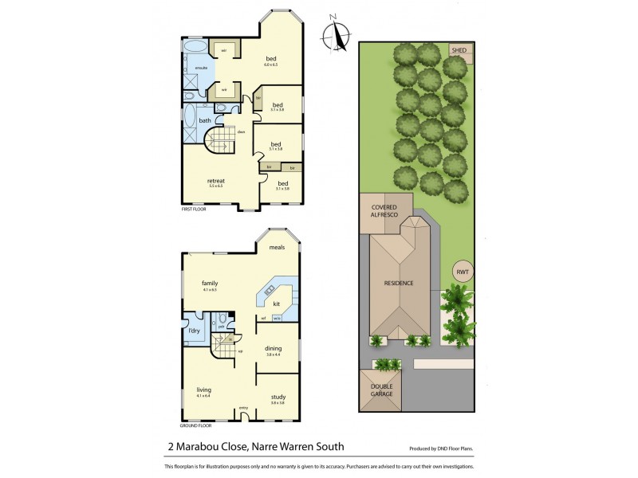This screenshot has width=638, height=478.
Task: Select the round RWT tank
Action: pyautogui.click(x=463, y=272)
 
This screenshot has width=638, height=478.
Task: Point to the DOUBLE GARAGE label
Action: pyautogui.click(x=382, y=390)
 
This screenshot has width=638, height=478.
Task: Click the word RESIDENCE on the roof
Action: pyautogui.click(x=399, y=283)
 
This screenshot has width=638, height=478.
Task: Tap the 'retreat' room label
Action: pyautogui.click(x=215, y=180)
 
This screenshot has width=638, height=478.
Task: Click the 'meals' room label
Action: pyautogui.click(x=277, y=247)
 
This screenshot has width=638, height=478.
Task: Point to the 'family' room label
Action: pyautogui.click(x=210, y=283)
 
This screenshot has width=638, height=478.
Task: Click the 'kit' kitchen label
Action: pyautogui.click(x=276, y=304)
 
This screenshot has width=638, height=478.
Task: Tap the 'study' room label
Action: pyautogui.click(x=278, y=397)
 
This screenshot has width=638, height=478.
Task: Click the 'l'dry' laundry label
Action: pyautogui.click(x=192, y=330)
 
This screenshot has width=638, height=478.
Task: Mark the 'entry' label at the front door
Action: pyautogui.click(x=244, y=409)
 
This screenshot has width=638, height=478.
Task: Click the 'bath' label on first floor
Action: pyautogui.click(x=205, y=121)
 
